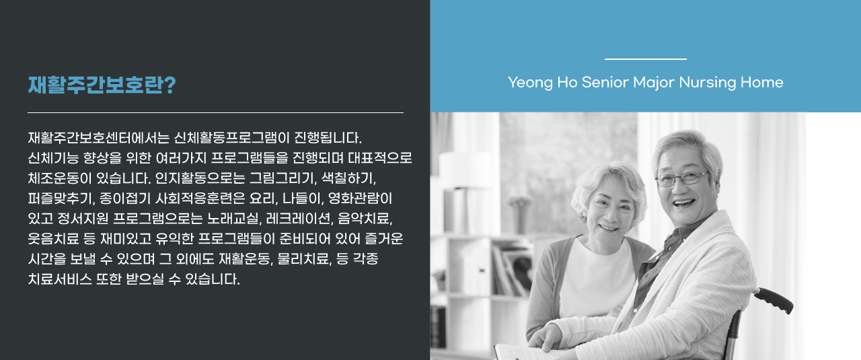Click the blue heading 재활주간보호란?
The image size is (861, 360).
(102, 85)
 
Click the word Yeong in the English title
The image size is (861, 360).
(531, 83)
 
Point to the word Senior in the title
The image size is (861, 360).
(605, 82)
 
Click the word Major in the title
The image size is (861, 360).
(654, 83)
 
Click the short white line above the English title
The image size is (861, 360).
(645, 59)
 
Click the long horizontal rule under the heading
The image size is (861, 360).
(216, 112)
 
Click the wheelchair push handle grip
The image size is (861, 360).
(774, 299)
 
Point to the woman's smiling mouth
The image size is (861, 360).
(609, 227)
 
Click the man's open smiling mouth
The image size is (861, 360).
(685, 203)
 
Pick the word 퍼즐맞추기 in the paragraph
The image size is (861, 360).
(61, 199)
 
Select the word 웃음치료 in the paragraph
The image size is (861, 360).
(53, 238)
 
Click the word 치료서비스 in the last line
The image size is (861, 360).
(60, 279)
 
